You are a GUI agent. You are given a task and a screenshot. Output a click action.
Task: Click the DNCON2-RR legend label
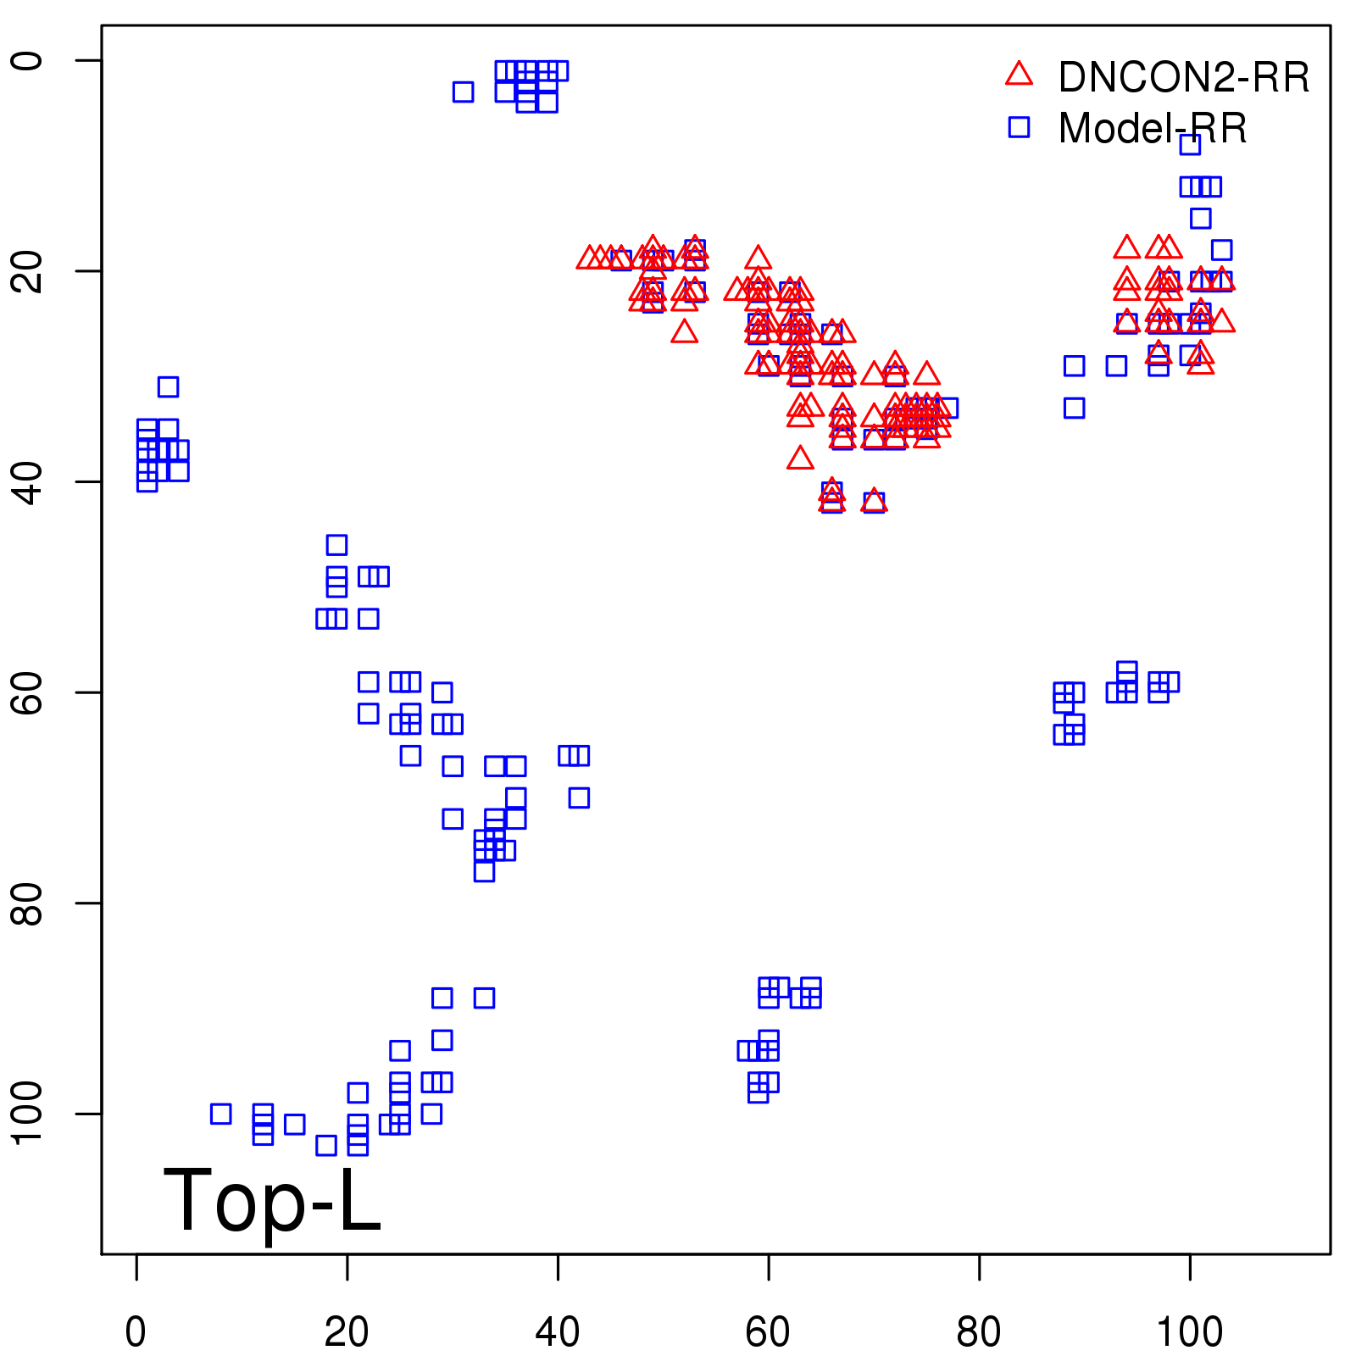tap(1183, 77)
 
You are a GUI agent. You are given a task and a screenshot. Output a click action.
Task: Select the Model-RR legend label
tap(1153, 129)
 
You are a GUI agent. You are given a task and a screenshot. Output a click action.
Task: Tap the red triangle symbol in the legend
tap(1019, 75)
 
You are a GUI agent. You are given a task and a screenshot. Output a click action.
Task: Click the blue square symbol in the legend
tap(1019, 127)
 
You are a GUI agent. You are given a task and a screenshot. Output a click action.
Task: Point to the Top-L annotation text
tap(272, 1200)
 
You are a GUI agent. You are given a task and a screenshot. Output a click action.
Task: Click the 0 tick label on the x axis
tap(136, 1332)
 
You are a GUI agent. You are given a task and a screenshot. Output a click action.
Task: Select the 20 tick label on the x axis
tap(347, 1332)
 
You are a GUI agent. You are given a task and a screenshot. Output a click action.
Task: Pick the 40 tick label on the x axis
tap(558, 1332)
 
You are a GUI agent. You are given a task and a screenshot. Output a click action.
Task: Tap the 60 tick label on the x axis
tap(768, 1332)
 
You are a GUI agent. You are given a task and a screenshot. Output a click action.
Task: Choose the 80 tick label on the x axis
tap(979, 1332)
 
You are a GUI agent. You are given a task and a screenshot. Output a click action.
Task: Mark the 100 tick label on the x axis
tap(1190, 1332)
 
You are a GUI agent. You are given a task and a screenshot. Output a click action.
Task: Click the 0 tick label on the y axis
tap(27, 60)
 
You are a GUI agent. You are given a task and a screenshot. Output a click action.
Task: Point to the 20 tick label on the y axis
tap(27, 271)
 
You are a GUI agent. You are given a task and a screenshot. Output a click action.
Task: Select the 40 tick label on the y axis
tap(27, 481)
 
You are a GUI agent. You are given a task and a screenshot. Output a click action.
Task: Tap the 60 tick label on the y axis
tap(27, 692)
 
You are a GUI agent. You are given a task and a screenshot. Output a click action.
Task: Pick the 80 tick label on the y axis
tap(27, 903)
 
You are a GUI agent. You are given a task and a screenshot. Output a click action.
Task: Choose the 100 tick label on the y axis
tap(27, 1114)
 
